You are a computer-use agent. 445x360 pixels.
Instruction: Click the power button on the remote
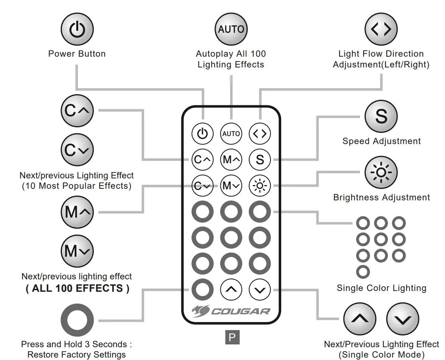point(203,134)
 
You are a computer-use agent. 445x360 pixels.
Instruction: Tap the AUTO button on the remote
point(231,134)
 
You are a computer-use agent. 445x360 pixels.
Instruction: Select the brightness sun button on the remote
point(260,185)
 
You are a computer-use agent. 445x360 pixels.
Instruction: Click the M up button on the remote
point(231,160)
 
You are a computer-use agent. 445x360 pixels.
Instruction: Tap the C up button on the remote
point(203,160)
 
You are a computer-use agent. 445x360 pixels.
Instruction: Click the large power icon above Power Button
point(77,30)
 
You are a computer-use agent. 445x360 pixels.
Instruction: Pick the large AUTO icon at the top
point(231,29)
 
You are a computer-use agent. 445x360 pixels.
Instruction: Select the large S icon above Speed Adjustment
point(381,116)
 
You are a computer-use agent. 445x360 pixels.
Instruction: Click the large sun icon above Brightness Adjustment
point(381,172)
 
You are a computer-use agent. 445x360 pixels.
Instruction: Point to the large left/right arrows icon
point(381,30)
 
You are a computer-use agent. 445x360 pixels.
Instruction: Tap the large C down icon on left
point(77,150)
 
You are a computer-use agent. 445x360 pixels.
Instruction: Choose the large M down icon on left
point(77,251)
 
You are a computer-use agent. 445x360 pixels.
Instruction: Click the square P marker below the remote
point(232,337)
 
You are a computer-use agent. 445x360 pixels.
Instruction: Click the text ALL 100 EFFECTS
point(77,289)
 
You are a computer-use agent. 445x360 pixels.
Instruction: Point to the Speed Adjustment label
point(381,141)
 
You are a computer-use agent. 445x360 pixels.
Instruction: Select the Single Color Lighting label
point(381,288)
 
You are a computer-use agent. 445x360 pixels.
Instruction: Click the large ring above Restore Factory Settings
point(77,320)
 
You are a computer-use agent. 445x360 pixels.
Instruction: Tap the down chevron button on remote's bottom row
point(260,289)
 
